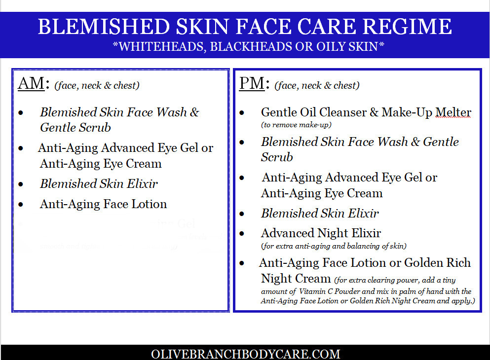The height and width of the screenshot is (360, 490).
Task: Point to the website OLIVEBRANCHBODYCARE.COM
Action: point(245,354)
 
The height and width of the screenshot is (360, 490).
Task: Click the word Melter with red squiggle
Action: point(453,112)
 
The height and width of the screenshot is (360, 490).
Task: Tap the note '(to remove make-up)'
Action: point(296,125)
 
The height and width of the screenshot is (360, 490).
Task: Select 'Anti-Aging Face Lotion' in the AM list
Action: point(103,204)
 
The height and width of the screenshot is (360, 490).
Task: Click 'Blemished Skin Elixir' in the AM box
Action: point(99,184)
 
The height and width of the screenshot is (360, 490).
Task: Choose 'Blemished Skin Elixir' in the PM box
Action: point(320,214)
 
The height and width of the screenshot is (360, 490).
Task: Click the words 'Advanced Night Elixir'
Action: point(321,233)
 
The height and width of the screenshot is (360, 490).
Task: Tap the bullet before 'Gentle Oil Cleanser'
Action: point(242,113)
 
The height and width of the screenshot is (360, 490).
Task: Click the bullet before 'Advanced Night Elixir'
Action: point(242,234)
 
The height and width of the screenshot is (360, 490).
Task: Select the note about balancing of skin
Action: point(334,246)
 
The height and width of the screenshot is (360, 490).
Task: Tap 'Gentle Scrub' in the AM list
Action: point(75,128)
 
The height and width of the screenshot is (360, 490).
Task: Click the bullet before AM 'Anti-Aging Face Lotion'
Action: point(21,205)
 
